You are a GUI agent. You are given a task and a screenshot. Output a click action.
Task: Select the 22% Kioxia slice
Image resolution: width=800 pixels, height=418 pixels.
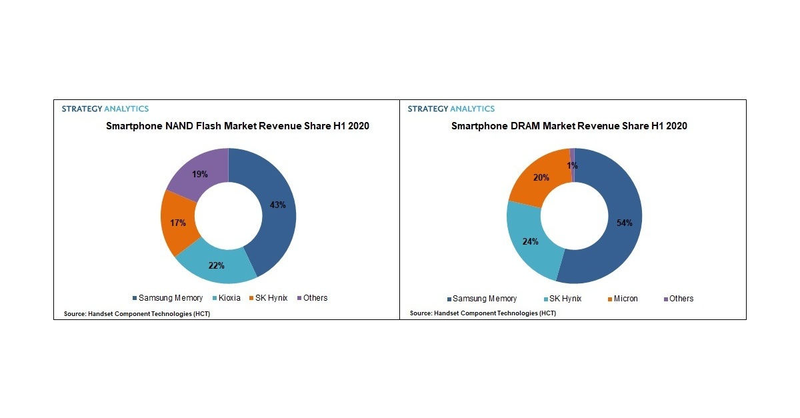[x=216, y=265]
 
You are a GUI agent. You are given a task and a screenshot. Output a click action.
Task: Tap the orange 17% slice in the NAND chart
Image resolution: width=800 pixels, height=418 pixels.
[x=177, y=223]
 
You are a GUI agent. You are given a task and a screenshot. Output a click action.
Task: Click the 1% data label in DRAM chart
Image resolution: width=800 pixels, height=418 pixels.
[x=572, y=165]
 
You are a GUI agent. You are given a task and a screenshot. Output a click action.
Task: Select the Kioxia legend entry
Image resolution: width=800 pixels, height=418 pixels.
[x=226, y=298]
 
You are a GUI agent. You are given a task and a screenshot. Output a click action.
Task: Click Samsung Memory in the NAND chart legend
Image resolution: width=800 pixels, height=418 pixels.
[x=167, y=298]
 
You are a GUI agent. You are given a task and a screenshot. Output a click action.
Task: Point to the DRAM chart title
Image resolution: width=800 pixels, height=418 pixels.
[x=569, y=125]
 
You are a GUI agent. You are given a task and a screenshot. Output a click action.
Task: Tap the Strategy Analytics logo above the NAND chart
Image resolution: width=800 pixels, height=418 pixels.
[x=105, y=109]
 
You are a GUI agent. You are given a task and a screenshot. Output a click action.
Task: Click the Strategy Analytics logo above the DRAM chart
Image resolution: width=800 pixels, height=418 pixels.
[x=451, y=109]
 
